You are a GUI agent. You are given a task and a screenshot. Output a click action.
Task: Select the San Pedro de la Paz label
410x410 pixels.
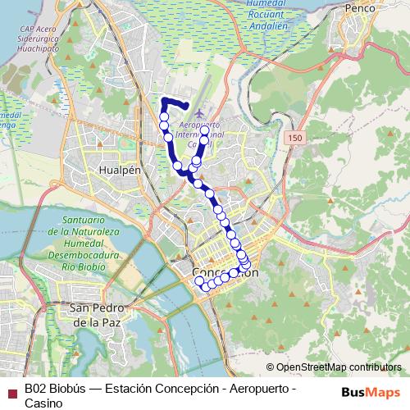96,315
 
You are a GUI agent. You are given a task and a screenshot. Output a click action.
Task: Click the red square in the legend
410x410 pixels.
11,390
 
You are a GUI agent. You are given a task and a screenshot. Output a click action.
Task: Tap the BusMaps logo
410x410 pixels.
369,390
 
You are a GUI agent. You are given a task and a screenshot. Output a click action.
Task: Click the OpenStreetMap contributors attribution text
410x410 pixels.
334,367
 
